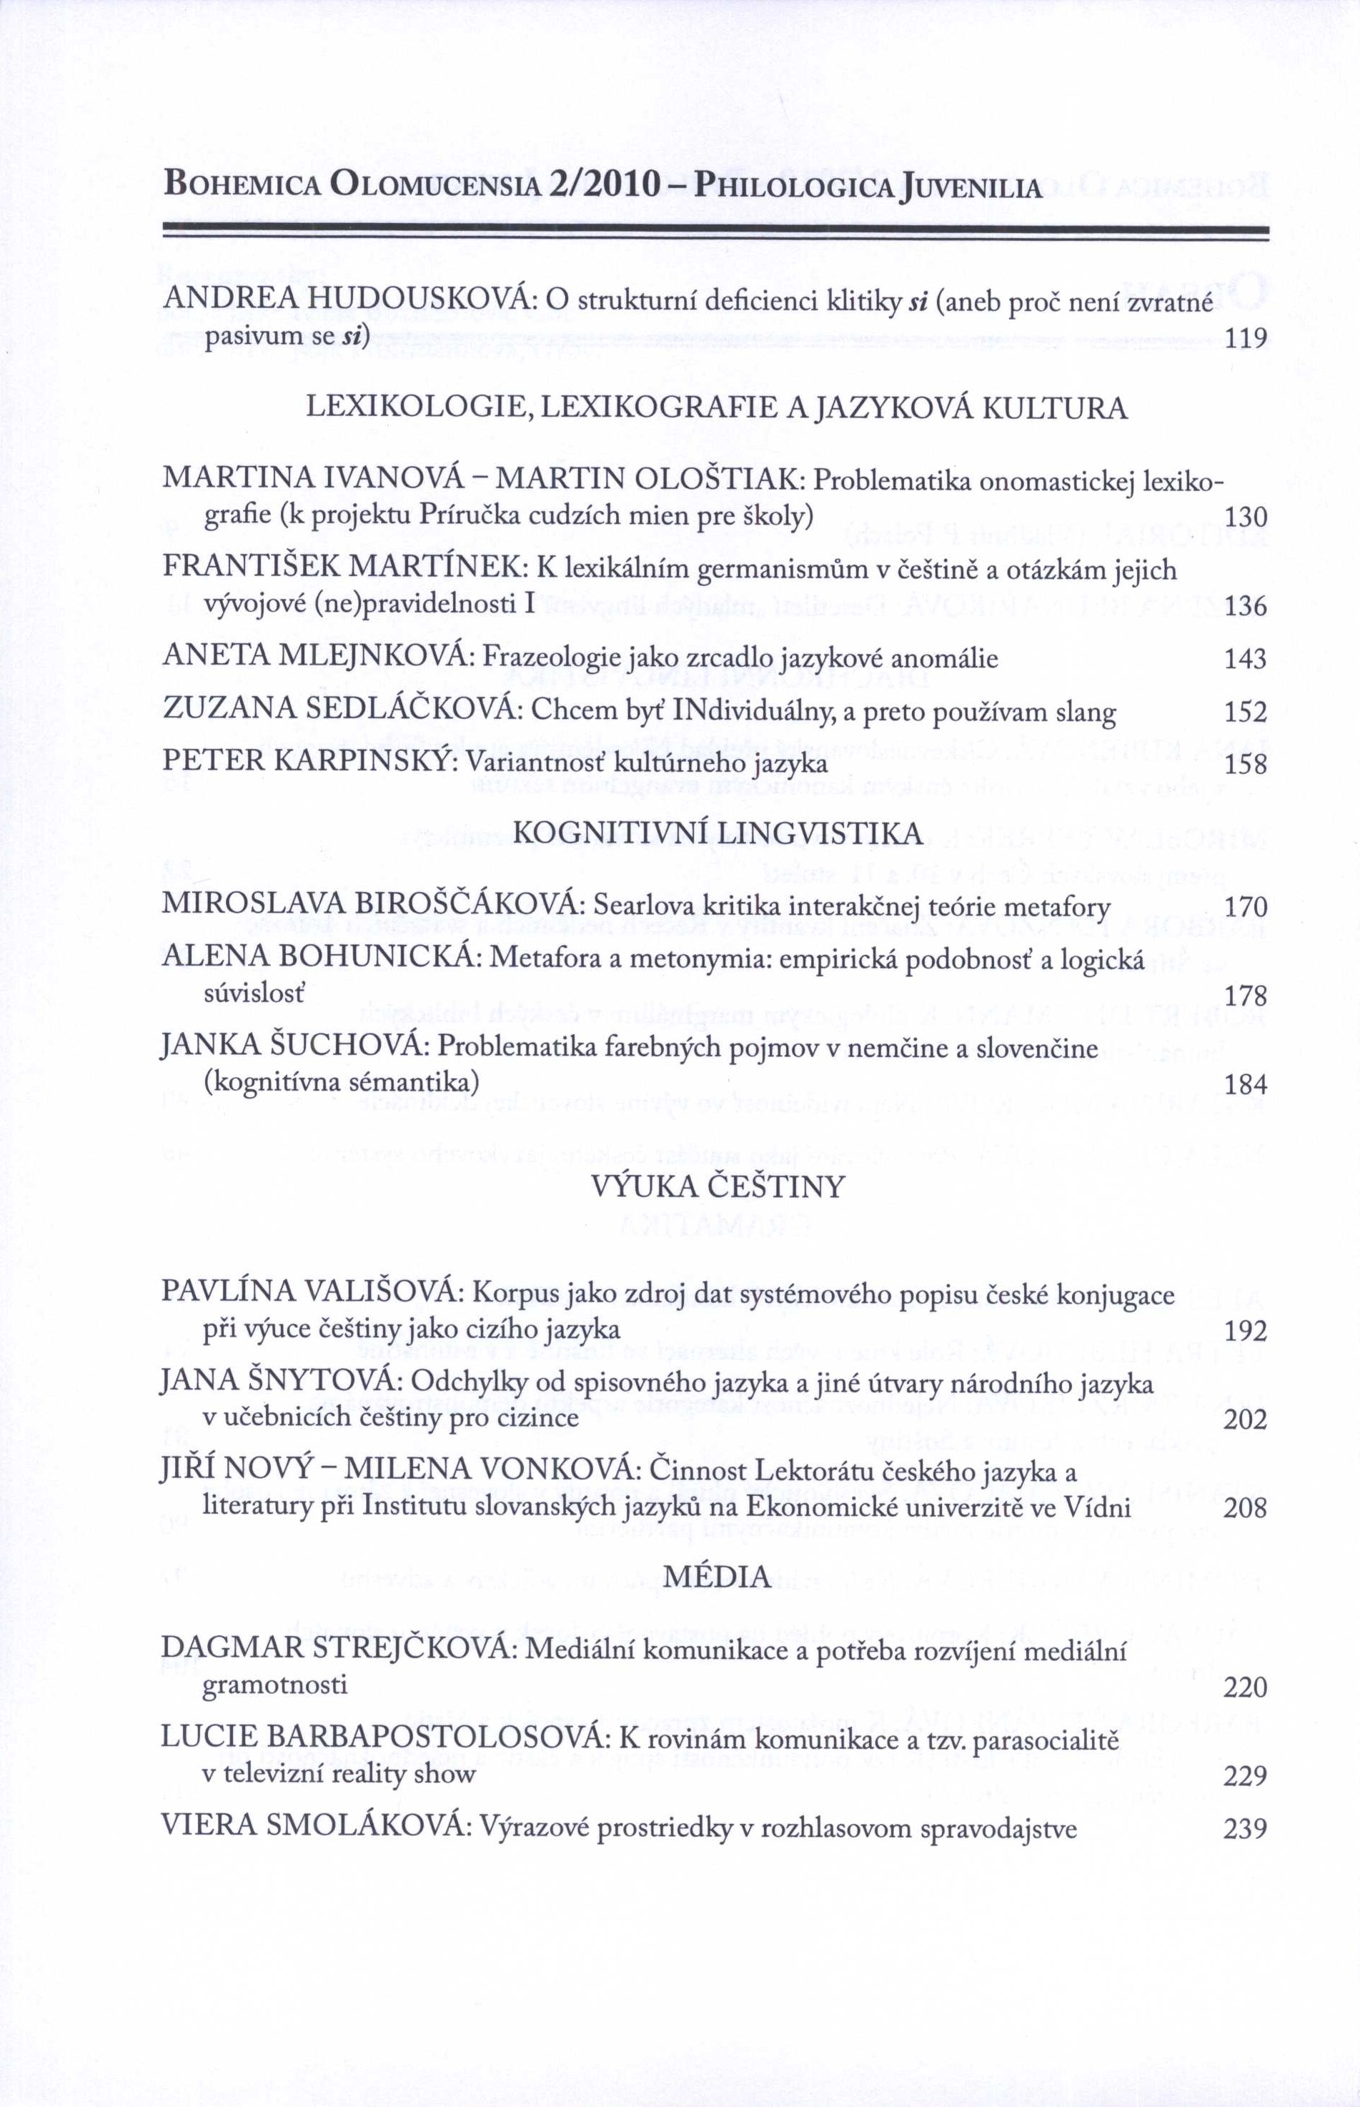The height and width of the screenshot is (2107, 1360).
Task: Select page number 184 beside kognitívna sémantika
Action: click(x=1245, y=1084)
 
